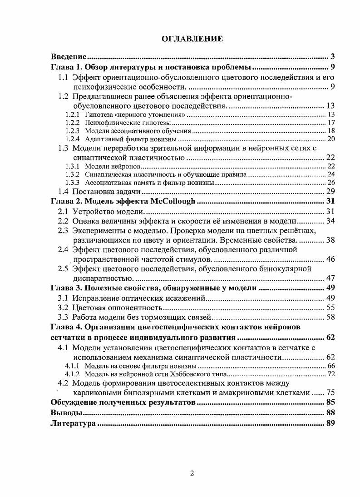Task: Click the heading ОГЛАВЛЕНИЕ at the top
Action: point(192,39)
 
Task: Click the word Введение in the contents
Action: point(68,57)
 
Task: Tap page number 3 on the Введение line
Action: point(332,57)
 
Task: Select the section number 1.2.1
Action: point(73,114)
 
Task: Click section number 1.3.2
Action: point(73,174)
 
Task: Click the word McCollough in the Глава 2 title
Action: point(173,201)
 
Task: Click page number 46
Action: point(330,259)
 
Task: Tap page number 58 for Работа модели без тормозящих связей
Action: point(330,317)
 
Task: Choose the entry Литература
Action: point(73,423)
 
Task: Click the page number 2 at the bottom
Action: point(192,473)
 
